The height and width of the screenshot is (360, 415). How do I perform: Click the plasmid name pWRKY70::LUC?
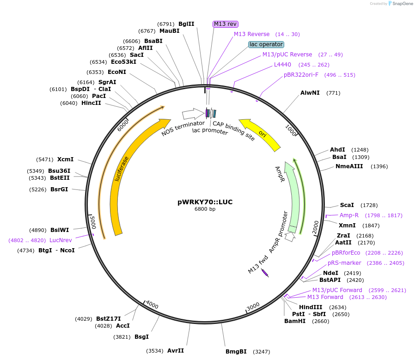205,202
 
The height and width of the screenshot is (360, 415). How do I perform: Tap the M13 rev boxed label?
226,24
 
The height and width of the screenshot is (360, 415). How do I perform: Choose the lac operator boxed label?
266,44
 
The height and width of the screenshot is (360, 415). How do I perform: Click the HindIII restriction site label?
311,307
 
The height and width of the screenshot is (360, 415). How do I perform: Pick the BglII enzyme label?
186,24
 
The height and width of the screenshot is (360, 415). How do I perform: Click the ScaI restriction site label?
347,205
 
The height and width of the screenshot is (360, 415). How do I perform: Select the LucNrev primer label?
61,240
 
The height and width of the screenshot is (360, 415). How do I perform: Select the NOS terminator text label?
183,128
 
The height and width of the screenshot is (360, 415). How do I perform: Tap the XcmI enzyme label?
65,159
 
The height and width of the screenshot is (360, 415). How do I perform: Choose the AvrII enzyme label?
176,351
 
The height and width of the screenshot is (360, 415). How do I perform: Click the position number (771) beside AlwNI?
333,93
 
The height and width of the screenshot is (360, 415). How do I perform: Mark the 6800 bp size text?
205,209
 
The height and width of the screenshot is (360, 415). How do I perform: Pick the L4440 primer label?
283,65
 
